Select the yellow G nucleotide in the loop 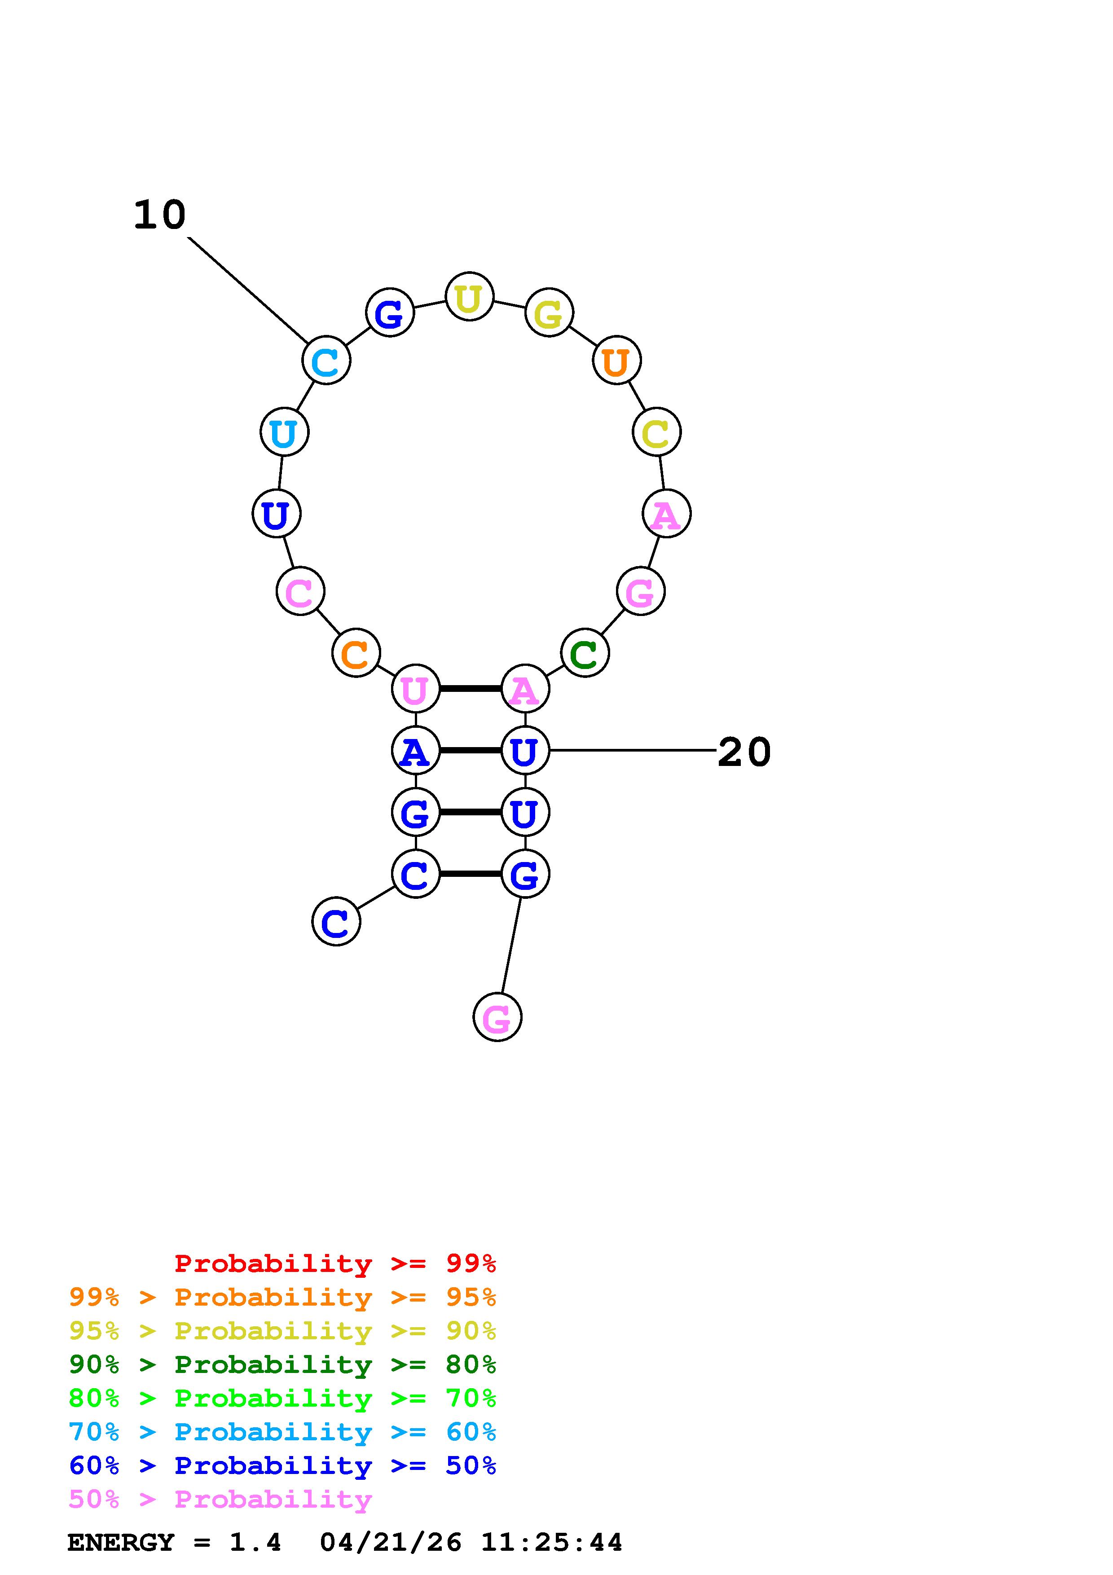point(549,313)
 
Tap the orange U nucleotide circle point(616,360)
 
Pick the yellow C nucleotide point(656,432)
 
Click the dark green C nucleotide point(584,653)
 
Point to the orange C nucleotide point(355,653)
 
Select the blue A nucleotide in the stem point(415,750)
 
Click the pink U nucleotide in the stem point(415,689)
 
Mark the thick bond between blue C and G point(471,874)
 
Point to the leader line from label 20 point(631,750)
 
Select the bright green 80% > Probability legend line point(282,1398)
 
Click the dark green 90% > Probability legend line point(282,1364)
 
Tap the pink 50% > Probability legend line point(220,1500)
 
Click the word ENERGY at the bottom point(121,1543)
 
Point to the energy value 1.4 point(255,1543)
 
